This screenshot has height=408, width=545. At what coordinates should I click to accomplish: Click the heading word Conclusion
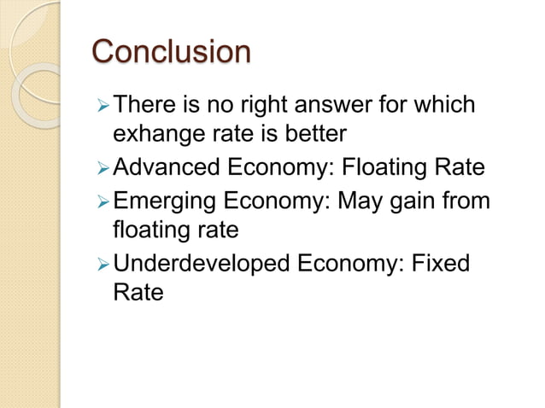tap(171, 51)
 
